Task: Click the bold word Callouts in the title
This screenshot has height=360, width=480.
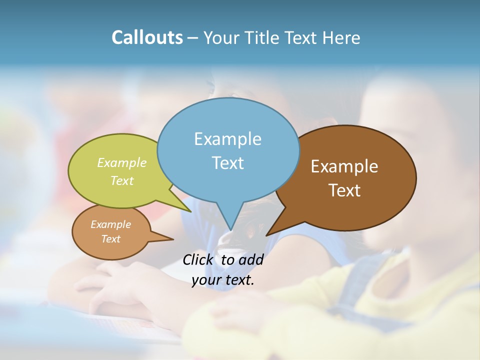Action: click(147, 38)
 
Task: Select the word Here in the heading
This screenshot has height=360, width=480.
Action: click(341, 38)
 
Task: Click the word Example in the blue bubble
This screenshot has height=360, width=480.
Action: click(227, 139)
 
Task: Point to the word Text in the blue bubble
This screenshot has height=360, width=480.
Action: click(227, 163)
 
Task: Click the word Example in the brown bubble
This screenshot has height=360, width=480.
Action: click(344, 166)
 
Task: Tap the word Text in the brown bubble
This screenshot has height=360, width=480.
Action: click(344, 190)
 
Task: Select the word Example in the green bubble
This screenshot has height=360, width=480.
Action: click(122, 163)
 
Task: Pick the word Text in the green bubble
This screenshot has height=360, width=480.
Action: click(122, 180)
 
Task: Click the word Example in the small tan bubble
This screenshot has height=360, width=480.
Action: click(110, 224)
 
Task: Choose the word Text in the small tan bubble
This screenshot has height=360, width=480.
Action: click(110, 239)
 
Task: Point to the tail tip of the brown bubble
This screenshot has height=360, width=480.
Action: click(267, 234)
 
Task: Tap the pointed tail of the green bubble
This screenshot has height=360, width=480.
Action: click(190, 211)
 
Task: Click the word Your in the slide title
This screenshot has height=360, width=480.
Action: click(220, 38)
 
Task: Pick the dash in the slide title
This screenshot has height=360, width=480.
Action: click(193, 38)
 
